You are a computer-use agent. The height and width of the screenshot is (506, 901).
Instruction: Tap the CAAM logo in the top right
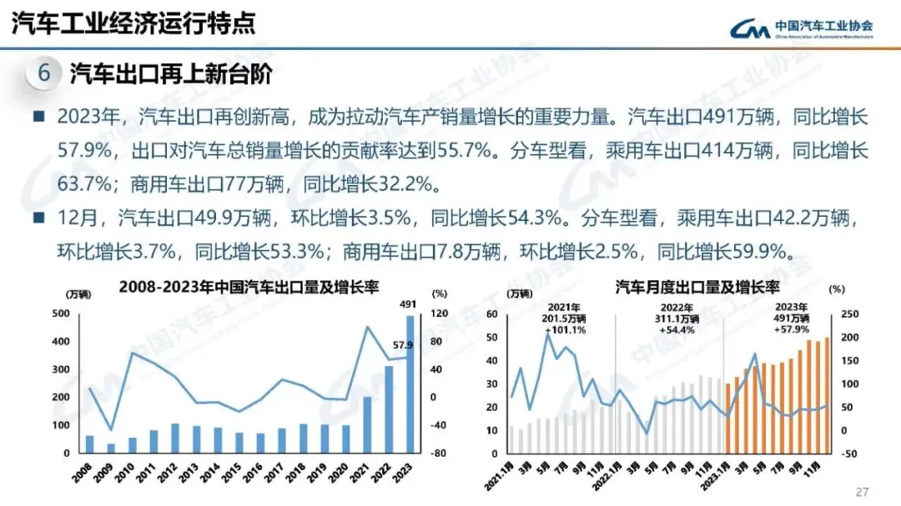click(x=802, y=28)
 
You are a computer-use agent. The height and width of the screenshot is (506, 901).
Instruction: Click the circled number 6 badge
click(x=43, y=74)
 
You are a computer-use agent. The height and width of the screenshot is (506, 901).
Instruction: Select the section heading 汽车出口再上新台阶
click(x=170, y=74)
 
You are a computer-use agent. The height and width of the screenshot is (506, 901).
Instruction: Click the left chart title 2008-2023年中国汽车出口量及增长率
click(x=249, y=288)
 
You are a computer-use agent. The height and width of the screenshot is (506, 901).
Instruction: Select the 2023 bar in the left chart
click(x=410, y=384)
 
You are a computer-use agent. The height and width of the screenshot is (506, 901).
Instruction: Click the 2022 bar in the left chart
click(x=389, y=409)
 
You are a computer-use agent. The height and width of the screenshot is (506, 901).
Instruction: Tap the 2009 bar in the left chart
click(x=111, y=448)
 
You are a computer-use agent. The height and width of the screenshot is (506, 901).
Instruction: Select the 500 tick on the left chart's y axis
click(x=60, y=314)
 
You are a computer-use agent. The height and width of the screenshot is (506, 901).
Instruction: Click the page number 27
click(x=863, y=490)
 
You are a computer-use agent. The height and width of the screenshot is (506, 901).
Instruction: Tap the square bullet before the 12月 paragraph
click(x=38, y=218)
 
